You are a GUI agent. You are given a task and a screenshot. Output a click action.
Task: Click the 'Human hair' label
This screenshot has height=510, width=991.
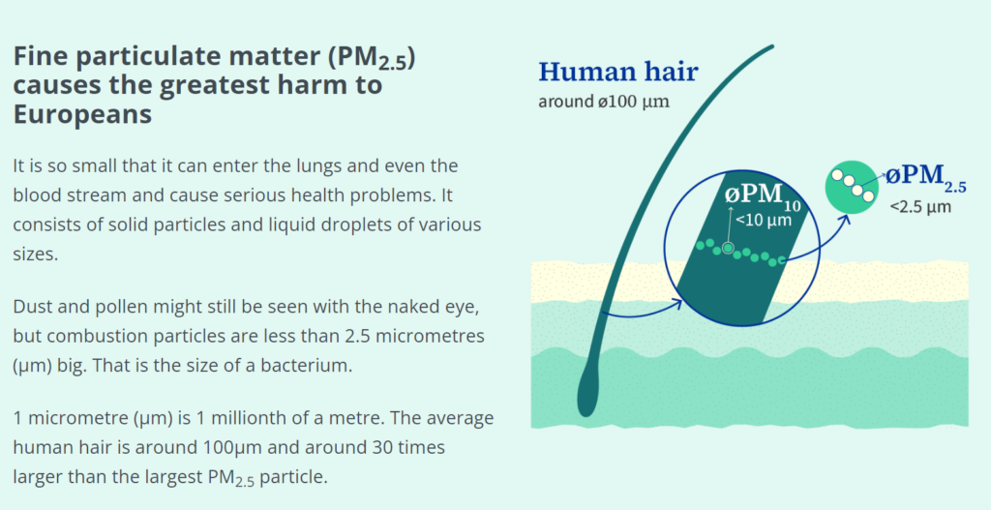pyautogui.click(x=617, y=72)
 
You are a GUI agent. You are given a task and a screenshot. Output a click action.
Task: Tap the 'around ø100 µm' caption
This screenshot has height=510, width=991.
pyautogui.click(x=604, y=102)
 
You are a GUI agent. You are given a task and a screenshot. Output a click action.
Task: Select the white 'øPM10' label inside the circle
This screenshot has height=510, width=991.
pyautogui.click(x=763, y=194)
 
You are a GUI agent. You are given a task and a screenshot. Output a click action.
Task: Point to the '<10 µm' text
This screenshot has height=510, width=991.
pyautogui.click(x=764, y=221)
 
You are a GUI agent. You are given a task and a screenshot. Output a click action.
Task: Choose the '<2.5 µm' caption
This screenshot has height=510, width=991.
pyautogui.click(x=920, y=207)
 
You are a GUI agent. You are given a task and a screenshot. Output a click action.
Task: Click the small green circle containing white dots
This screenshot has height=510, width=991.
pyautogui.click(x=853, y=187)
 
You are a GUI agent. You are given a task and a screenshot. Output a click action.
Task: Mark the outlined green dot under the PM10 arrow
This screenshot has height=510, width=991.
pyautogui.click(x=728, y=249)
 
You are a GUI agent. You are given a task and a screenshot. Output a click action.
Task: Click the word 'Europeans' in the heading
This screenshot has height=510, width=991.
pyautogui.click(x=82, y=114)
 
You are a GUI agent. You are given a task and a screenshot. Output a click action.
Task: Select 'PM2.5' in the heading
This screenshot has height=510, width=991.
pyautogui.click(x=367, y=59)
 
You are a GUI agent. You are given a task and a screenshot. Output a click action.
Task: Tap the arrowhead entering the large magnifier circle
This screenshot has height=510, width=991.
pyautogui.click(x=676, y=303)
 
